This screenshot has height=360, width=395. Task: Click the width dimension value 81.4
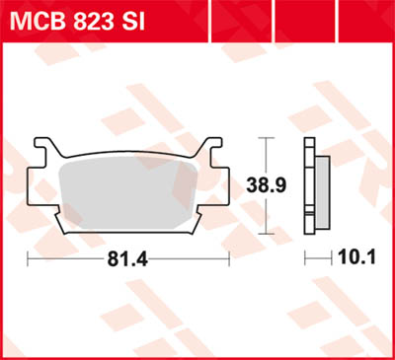coord(127,259)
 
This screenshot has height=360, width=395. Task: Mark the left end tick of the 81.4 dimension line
coord(27,260)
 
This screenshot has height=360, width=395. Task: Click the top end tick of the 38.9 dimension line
coord(264,136)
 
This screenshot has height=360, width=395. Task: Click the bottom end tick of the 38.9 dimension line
coord(264,233)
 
